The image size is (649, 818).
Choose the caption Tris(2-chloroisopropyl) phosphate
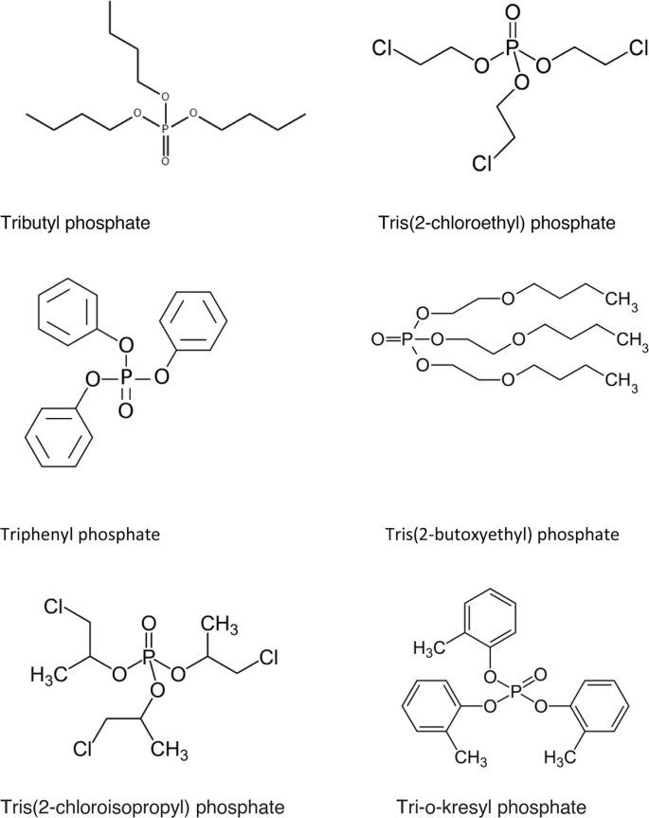(142, 807)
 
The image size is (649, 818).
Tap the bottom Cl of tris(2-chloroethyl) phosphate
(483, 164)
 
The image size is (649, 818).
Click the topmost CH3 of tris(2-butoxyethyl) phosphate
(619, 301)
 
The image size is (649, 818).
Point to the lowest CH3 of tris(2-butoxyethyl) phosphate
(619, 380)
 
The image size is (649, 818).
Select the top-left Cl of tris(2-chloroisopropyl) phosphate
(53, 607)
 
